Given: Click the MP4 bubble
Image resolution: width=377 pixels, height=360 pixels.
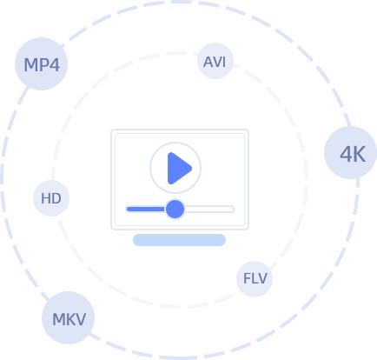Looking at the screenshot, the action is (x=41, y=63).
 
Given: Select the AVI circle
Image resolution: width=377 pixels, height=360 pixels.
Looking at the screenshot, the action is (x=215, y=61).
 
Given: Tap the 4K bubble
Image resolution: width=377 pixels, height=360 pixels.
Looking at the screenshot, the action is (x=350, y=152).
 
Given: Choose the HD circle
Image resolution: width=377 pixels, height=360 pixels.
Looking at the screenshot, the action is (x=51, y=198).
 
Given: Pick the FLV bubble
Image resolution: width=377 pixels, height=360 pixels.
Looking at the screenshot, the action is (x=255, y=279).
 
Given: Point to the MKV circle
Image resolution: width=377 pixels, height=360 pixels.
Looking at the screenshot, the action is (x=69, y=317).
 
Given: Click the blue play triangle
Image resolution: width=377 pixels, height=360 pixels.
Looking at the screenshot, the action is (x=179, y=168).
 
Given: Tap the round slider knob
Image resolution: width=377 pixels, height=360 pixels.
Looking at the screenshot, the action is (x=175, y=209).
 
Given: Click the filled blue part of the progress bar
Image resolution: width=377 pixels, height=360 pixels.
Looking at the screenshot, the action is (x=146, y=209).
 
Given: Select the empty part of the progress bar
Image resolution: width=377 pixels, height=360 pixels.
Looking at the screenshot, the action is (x=209, y=209).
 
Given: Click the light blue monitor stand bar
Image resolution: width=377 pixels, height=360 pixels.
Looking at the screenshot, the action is (x=179, y=240).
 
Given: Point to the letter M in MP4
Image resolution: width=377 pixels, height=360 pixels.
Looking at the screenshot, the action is (x=30, y=65).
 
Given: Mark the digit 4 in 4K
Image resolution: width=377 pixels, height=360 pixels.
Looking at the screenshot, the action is (x=346, y=154).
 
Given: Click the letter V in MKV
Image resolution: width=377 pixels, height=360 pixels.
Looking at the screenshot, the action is (x=79, y=319).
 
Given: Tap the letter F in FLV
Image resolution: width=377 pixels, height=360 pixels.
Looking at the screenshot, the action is (x=247, y=278).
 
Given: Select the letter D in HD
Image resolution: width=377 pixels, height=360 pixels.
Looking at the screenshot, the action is (x=56, y=198).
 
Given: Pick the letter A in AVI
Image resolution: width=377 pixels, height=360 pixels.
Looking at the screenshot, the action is (x=208, y=62).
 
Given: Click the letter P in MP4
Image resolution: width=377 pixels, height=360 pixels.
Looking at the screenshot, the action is (x=43, y=65).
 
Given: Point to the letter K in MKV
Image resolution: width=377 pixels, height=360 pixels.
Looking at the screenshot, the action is (x=69, y=319).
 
